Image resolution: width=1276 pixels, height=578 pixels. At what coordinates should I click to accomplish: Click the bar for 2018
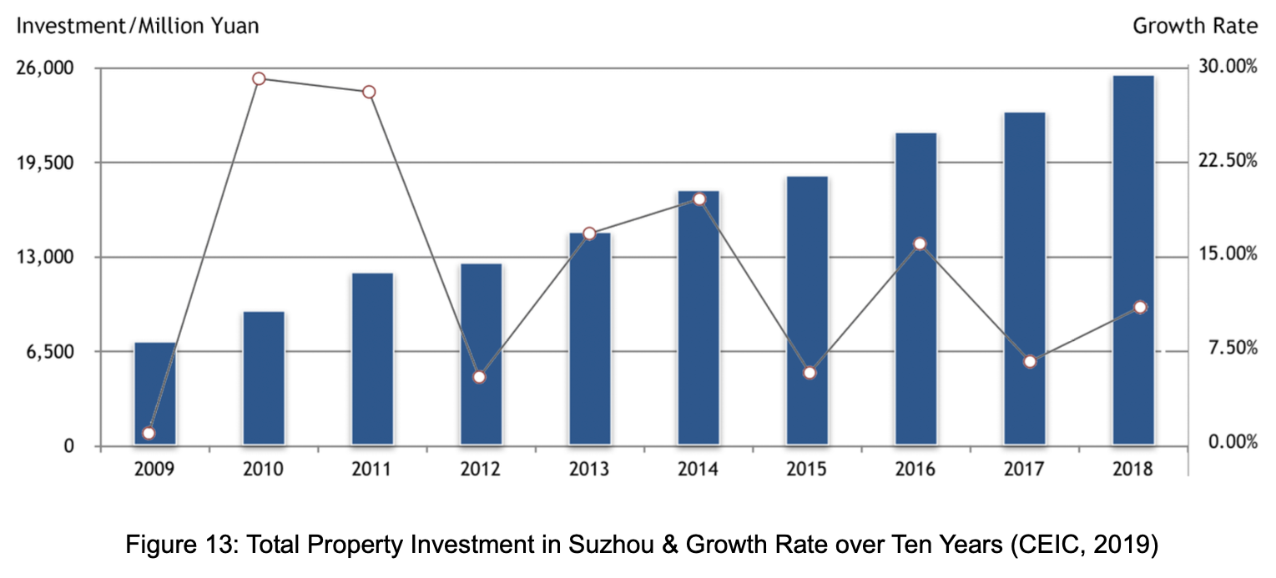pyautogui.click(x=1132, y=259)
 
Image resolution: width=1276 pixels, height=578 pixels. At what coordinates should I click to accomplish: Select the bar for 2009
pyautogui.click(x=155, y=393)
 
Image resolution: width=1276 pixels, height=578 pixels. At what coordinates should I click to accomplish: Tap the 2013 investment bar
pyautogui.click(x=590, y=338)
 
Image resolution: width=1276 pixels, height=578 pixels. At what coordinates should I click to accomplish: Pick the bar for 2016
pyautogui.click(x=915, y=288)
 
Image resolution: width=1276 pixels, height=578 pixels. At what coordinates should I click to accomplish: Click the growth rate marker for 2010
pyautogui.click(x=259, y=78)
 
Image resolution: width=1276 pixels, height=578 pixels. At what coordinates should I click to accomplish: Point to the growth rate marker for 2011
pyautogui.click(x=369, y=92)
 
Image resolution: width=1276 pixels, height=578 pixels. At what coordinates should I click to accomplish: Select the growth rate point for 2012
pyautogui.click(x=479, y=377)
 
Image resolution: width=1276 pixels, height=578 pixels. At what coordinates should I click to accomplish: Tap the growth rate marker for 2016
pyautogui.click(x=920, y=244)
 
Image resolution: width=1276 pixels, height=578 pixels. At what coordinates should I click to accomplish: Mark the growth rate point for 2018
pyautogui.click(x=1141, y=307)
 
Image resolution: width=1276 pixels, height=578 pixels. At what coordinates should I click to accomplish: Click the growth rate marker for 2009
pyautogui.click(x=149, y=433)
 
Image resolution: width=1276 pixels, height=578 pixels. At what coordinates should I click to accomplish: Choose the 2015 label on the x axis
pyautogui.click(x=806, y=470)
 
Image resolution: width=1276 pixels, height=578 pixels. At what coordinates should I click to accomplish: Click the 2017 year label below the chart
pyautogui.click(x=1023, y=470)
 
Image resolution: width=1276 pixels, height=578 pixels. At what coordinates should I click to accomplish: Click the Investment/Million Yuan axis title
pyautogui.click(x=138, y=26)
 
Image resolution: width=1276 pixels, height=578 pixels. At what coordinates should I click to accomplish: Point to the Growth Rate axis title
pyautogui.click(x=1194, y=26)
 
